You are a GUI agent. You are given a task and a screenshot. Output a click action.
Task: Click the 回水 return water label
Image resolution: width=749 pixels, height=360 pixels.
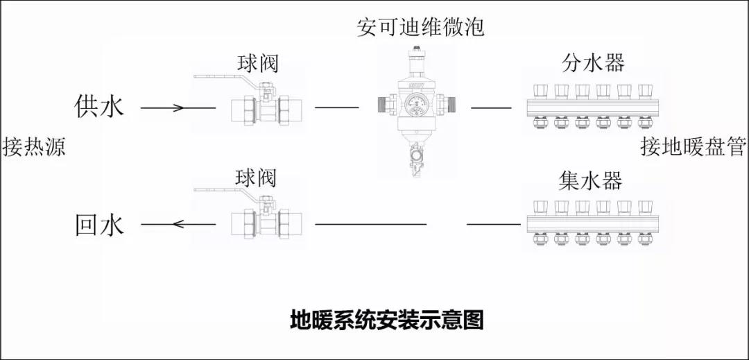click(99, 225)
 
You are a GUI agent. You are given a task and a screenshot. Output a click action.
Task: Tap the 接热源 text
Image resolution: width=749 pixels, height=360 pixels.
click(34, 148)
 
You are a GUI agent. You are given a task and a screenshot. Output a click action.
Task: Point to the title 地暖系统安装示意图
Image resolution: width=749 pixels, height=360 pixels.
click(386, 320)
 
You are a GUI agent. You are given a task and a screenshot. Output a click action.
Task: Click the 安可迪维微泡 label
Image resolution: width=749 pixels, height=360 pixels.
click(420, 27)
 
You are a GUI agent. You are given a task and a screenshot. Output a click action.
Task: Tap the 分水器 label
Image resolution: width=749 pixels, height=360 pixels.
click(593, 63)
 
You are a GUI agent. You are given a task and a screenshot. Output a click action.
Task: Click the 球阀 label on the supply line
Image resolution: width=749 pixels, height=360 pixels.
click(257, 64)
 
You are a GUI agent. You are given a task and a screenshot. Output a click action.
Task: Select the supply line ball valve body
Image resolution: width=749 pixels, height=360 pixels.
click(268, 108)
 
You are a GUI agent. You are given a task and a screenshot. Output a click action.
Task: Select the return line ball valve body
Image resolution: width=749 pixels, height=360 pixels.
click(268, 225)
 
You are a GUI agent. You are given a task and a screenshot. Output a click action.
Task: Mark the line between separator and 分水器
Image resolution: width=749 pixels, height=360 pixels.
click(492, 108)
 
